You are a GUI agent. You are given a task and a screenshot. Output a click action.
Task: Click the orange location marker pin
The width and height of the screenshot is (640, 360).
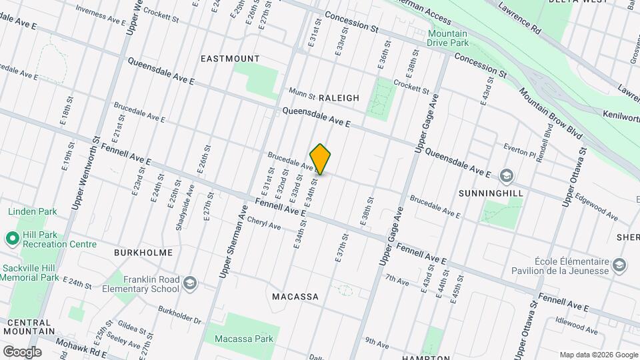(320, 159)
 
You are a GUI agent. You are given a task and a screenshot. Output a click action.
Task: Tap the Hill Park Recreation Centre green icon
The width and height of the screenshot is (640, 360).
(12, 237)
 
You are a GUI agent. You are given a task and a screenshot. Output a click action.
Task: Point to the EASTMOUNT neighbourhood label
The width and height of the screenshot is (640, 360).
(230, 59)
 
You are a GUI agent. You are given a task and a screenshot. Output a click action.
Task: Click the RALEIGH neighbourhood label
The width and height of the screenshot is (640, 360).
(339, 98)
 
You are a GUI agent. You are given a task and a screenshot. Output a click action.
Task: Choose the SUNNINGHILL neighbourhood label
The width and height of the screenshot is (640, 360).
(490, 193)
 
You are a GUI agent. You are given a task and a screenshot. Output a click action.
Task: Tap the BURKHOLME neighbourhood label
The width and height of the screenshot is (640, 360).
(143, 253)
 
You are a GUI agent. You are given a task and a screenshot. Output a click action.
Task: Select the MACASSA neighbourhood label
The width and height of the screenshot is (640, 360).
(295, 296)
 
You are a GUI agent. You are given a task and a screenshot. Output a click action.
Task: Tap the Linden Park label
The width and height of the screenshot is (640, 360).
(33, 212)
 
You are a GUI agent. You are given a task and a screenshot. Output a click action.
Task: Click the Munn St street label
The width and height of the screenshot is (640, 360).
(301, 91)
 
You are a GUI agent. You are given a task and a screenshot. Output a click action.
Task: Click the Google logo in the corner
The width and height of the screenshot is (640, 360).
(22, 351)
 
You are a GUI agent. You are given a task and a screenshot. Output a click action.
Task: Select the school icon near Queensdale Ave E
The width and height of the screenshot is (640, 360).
(507, 175)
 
